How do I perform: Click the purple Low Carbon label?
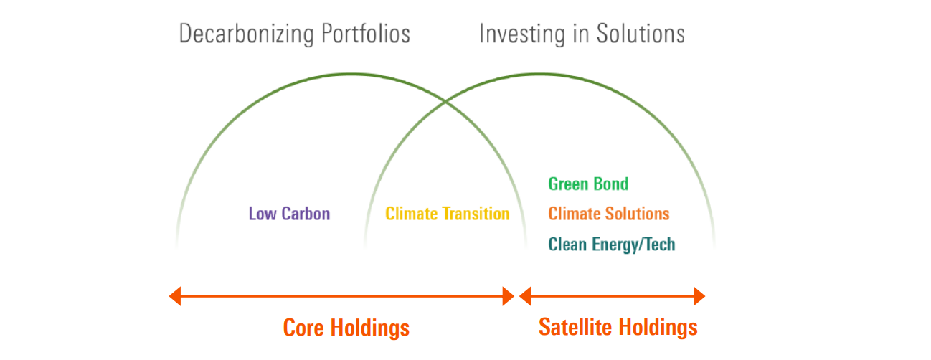(289, 214)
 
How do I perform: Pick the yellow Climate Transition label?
(447, 214)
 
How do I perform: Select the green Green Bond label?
(588, 184)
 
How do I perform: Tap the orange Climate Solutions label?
(608, 214)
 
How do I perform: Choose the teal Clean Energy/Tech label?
(611, 245)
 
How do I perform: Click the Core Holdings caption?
(346, 328)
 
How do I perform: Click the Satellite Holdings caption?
(618, 327)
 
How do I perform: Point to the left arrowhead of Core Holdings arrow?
(174, 295)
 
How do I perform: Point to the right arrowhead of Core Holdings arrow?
(509, 295)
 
